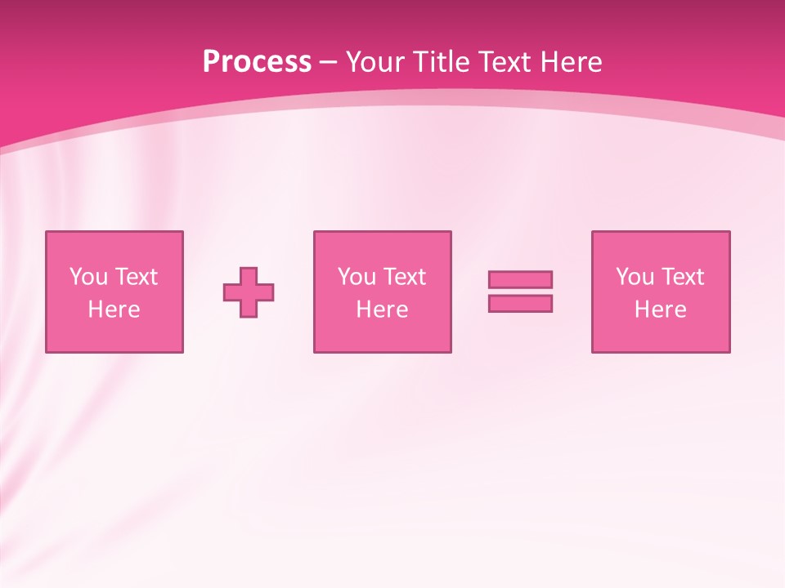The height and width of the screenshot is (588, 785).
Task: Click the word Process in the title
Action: [x=257, y=62]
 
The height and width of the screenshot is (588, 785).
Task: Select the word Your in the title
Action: [x=378, y=62]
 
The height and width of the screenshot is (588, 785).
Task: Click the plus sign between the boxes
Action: [x=249, y=292]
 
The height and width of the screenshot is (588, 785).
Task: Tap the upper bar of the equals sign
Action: [x=520, y=279]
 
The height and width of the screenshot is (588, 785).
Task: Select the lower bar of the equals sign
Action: [x=520, y=304]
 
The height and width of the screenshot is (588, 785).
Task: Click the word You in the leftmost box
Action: [x=88, y=277]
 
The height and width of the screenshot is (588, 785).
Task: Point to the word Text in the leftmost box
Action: [x=136, y=277]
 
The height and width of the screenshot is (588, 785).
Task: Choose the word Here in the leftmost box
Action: [x=114, y=310]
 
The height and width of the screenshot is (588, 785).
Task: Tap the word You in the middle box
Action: [x=357, y=277]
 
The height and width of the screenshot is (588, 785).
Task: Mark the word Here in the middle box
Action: [x=382, y=310]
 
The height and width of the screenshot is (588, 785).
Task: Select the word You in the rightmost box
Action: [x=635, y=277]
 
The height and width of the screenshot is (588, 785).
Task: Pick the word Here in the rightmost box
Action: [x=660, y=310]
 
